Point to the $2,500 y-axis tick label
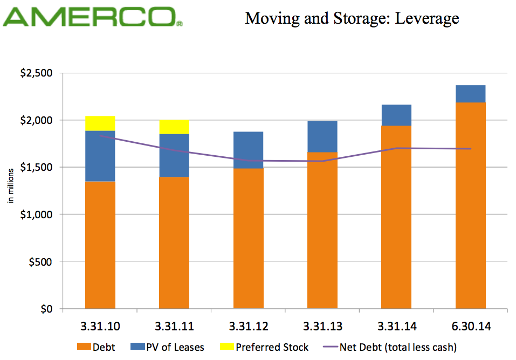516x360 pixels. coord(39,73)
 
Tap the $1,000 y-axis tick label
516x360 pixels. coord(39,214)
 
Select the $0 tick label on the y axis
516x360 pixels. coord(49,309)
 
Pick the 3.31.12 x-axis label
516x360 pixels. coord(249,326)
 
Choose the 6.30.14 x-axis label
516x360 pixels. coord(471,326)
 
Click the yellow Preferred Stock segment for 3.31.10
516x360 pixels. coord(100,123)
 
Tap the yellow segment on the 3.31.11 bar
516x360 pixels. coord(174,127)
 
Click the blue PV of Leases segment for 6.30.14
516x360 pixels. coord(471,94)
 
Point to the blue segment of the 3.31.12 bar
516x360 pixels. coord(249,150)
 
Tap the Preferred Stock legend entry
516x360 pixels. coord(264,347)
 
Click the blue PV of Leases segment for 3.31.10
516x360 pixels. coord(100,156)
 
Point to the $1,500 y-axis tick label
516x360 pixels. coord(39,168)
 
